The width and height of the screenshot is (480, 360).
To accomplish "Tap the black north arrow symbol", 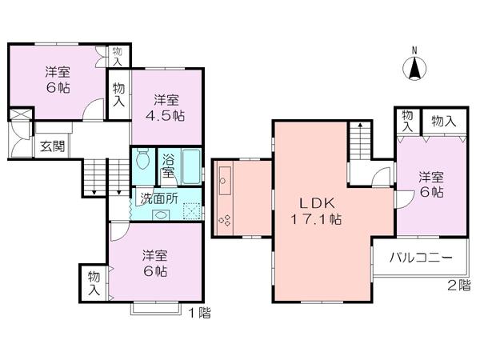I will click(x=414, y=69).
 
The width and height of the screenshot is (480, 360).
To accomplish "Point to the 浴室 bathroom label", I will click(x=170, y=165).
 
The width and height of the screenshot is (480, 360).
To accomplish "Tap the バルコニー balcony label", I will click(x=422, y=258).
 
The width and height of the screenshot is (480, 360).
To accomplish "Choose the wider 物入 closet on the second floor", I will click(x=444, y=120).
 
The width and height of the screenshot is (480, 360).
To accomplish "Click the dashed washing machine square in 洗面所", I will click(x=190, y=211).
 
